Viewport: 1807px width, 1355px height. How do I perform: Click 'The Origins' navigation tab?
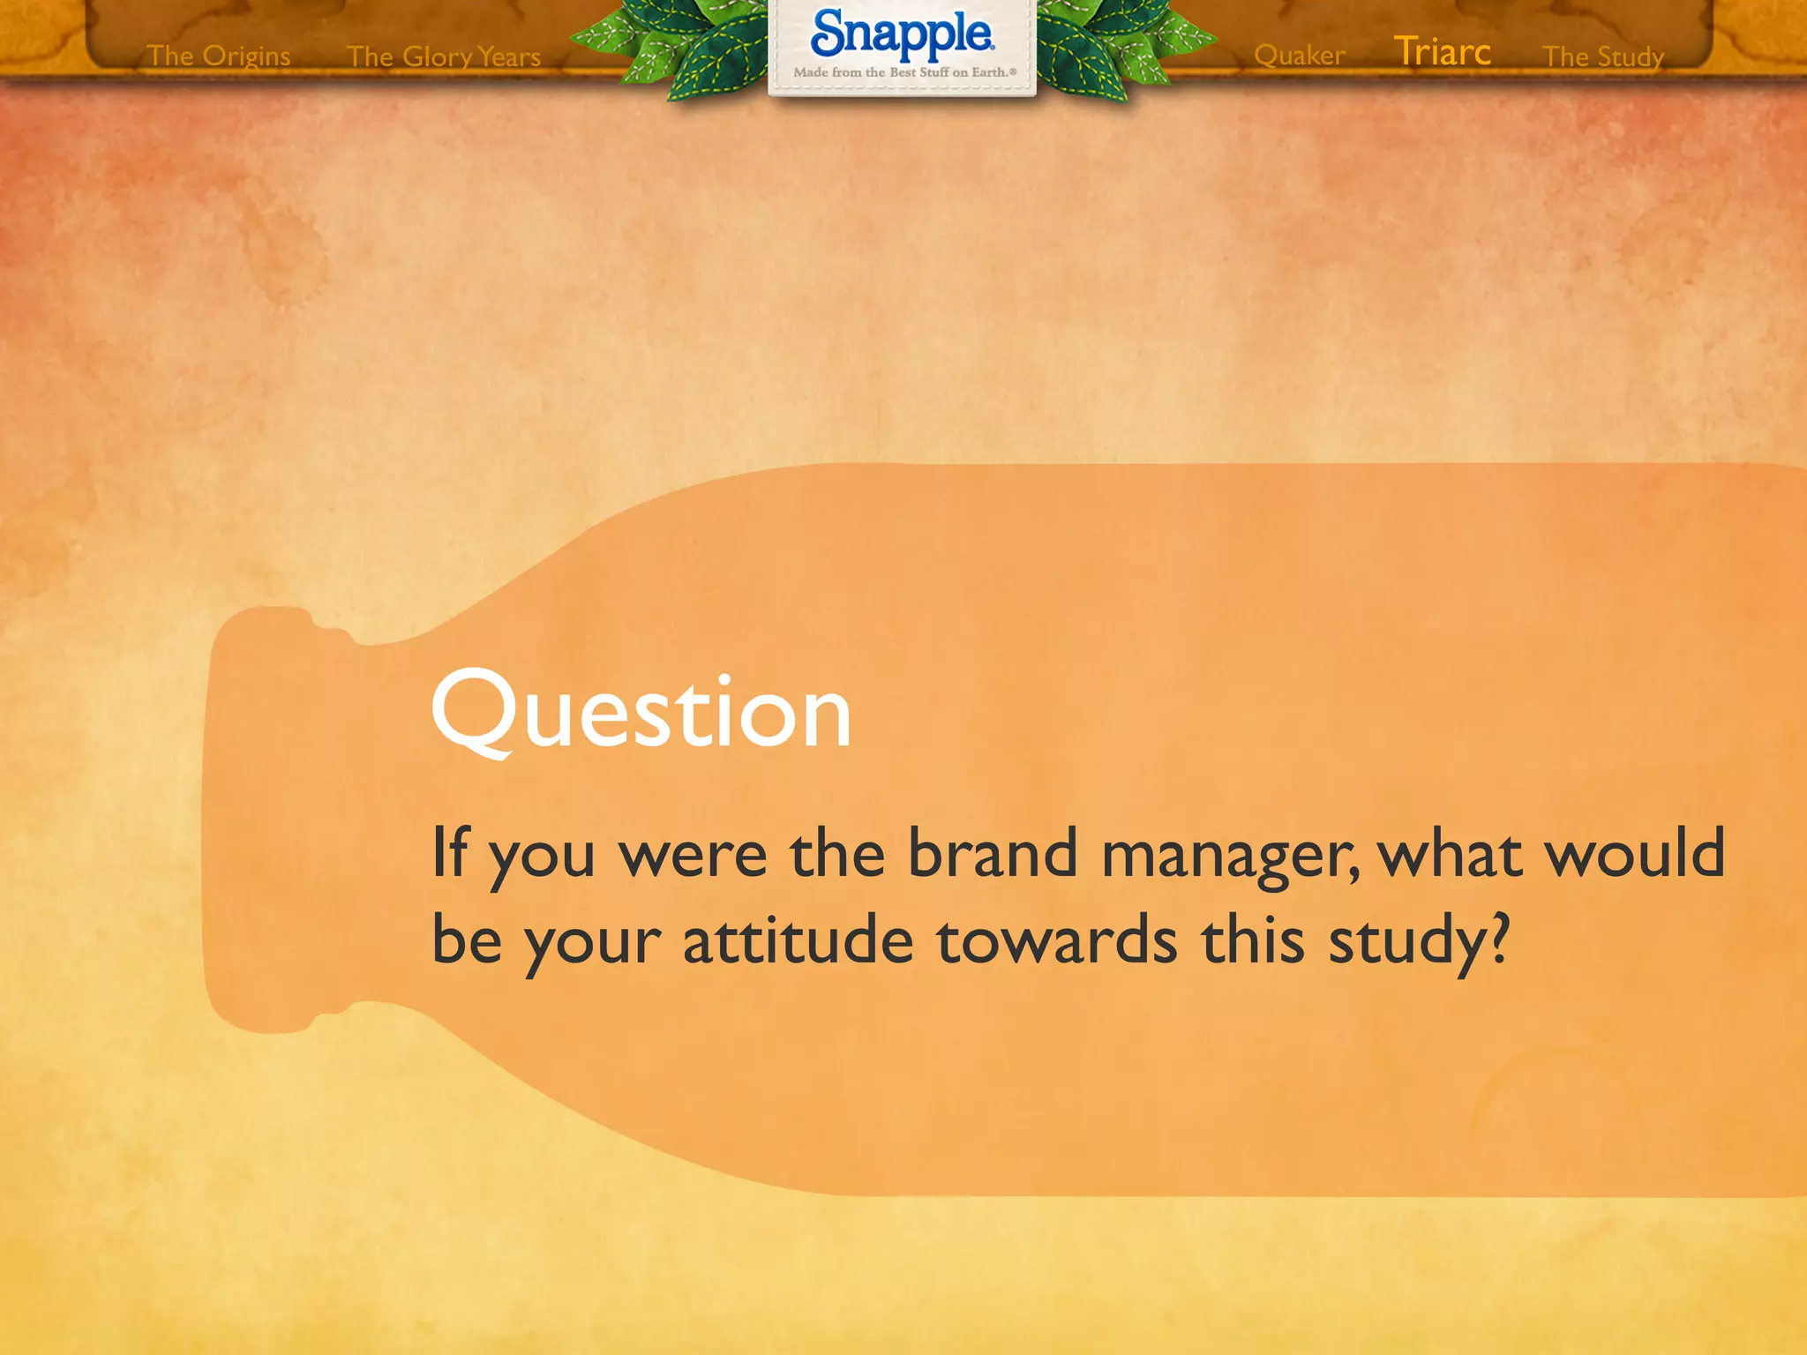point(219,56)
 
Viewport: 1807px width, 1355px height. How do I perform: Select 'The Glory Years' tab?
point(444,56)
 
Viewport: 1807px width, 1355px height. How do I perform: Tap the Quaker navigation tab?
point(1299,55)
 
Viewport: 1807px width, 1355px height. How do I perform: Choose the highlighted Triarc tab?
point(1443,52)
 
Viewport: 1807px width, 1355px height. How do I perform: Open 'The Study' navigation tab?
point(1603,56)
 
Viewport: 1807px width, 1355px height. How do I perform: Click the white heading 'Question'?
point(641,712)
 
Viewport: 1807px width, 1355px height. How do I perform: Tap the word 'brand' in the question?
point(993,853)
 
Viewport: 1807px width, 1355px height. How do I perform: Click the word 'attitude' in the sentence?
point(798,940)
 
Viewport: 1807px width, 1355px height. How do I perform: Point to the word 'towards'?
point(1056,940)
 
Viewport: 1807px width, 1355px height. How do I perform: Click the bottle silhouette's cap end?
point(265,820)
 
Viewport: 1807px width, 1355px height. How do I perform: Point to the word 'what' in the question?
point(1451,853)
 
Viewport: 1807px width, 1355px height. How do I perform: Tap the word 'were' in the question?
point(693,855)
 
